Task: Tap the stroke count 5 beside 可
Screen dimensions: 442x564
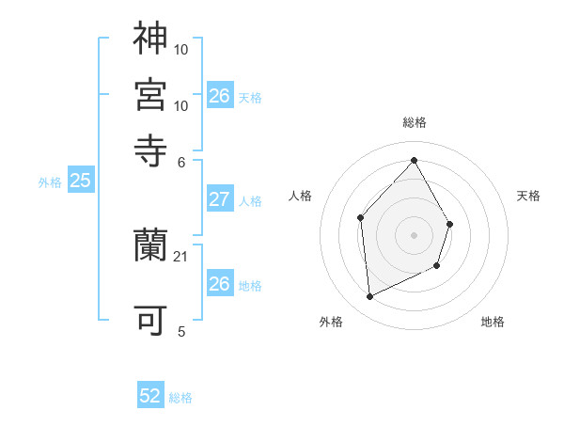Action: click(181, 331)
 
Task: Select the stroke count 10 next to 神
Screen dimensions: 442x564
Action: click(181, 48)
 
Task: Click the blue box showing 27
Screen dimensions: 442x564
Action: click(219, 199)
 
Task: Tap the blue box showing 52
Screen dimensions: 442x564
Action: click(150, 397)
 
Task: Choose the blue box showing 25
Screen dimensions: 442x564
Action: click(80, 182)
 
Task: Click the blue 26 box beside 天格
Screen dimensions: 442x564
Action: click(219, 96)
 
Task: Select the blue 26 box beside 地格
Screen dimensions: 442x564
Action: click(219, 284)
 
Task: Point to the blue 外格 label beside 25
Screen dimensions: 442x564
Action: click(50, 182)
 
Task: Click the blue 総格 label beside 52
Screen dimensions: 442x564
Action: click(180, 398)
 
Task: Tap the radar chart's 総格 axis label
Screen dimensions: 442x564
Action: click(414, 122)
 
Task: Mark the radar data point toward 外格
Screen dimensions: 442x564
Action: click(369, 297)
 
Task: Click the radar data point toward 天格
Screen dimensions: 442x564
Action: click(450, 224)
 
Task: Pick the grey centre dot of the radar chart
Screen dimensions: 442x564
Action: click(414, 235)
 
